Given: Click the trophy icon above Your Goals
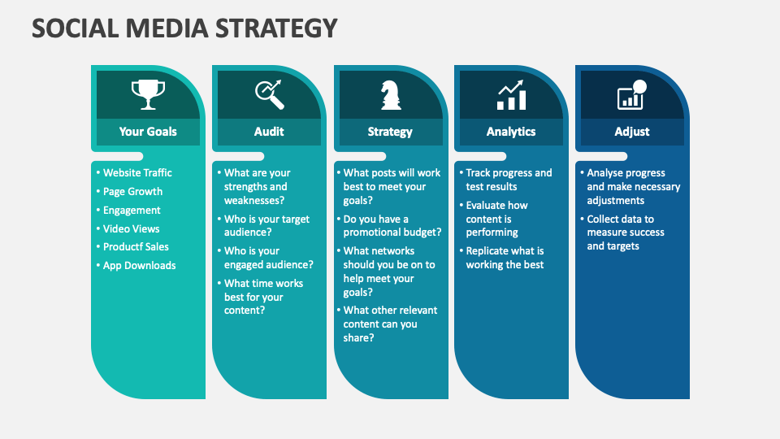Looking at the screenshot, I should (x=148, y=94).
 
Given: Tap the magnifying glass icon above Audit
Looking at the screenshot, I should (x=269, y=94).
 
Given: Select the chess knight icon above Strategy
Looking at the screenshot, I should (x=390, y=95).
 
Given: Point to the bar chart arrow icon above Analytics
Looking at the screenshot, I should (x=511, y=95).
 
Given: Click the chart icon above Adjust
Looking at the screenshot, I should (x=631, y=95).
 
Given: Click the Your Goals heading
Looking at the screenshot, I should (x=148, y=132).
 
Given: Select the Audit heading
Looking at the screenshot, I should (x=269, y=132).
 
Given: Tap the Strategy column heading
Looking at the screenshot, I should (x=390, y=132).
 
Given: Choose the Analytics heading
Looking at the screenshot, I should (x=511, y=132).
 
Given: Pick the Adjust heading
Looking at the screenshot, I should (x=631, y=132).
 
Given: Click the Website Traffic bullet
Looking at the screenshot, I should (x=137, y=172).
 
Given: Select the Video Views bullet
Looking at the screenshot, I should (x=131, y=228).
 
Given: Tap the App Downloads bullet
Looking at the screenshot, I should (x=139, y=265).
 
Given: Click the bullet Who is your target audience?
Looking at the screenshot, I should (x=266, y=226).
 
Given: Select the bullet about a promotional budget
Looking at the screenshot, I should (x=392, y=225).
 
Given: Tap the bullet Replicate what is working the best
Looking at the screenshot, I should (x=505, y=258).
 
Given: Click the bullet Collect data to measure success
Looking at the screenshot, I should (x=625, y=232).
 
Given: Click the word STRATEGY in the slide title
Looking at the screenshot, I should (x=277, y=28).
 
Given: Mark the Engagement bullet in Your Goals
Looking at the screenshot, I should (x=132, y=210).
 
